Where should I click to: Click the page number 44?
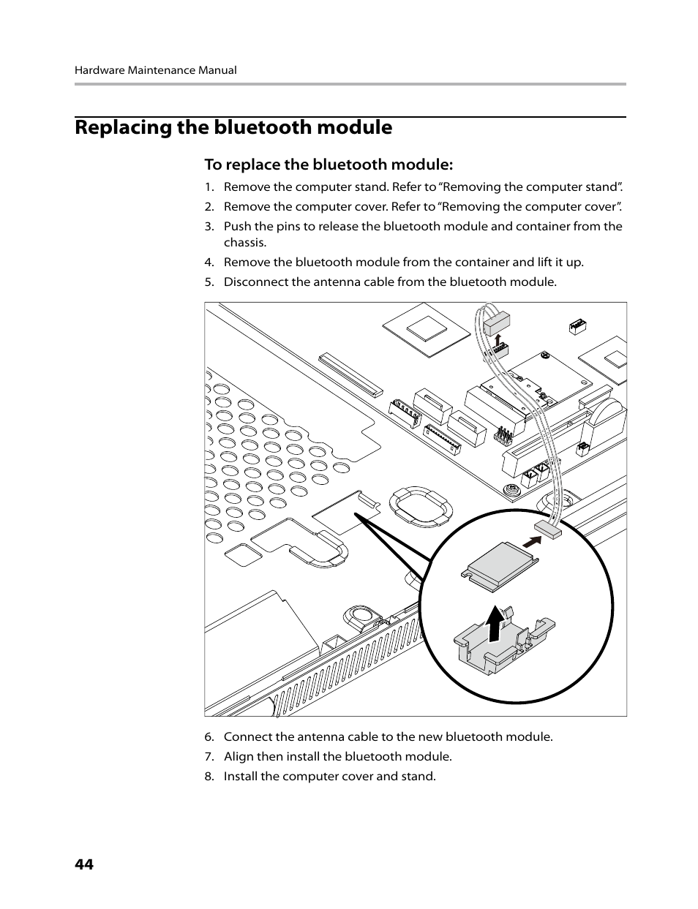point(84,864)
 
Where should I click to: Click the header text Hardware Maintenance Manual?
point(155,70)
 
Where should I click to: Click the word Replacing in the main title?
point(123,127)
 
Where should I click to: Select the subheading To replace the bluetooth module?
point(329,164)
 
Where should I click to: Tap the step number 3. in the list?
point(209,226)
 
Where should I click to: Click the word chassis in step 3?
point(244,243)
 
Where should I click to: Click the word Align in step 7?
point(239,756)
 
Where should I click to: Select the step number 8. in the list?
point(209,776)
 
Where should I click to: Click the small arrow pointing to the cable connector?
point(535,541)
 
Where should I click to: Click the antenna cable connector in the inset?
point(548,530)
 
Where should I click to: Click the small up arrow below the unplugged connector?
point(498,340)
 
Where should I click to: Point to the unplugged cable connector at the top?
point(495,322)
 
